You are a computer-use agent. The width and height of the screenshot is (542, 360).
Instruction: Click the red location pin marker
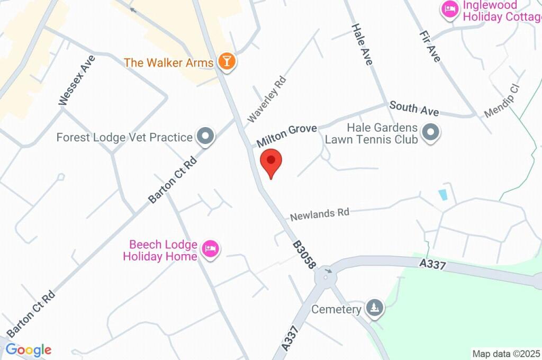point(272,161)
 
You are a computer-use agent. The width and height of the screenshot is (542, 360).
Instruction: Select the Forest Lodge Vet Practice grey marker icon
point(205,137)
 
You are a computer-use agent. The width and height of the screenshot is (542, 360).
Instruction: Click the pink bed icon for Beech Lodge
point(211,249)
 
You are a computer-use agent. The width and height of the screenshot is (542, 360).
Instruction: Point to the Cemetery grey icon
point(375,309)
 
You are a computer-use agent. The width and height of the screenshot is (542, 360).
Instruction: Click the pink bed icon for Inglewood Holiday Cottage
point(449,10)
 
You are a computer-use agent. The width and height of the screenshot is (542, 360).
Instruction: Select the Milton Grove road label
point(287,136)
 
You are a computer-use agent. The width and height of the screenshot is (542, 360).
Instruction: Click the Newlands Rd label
point(320,214)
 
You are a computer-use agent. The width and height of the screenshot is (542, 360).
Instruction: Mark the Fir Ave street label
point(429,46)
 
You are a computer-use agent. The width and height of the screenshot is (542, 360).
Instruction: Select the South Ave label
point(414,109)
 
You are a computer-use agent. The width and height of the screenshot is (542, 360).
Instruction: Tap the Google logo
point(29,349)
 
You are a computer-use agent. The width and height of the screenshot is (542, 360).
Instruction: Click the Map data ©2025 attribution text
point(506,354)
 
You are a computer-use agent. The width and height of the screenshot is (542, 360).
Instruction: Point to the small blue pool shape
point(443,194)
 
